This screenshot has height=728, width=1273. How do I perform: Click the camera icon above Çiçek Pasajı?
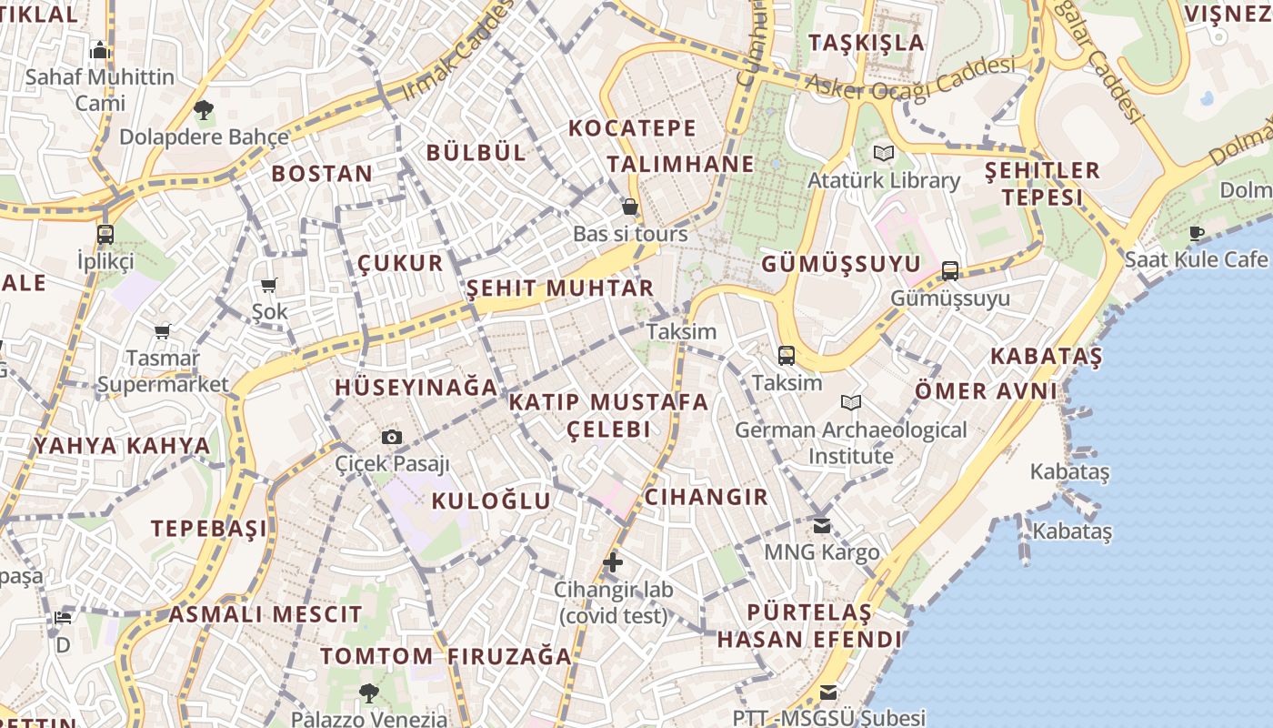[392, 437]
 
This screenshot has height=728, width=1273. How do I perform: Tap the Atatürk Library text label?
[884, 180]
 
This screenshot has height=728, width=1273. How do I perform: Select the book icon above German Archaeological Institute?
[851, 402]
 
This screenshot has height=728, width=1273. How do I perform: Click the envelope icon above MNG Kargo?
[822, 525]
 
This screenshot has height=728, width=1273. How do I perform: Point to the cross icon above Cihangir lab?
[613, 562]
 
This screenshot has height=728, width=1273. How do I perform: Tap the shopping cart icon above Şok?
[269, 286]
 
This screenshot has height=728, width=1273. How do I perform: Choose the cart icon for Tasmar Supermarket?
[163, 332]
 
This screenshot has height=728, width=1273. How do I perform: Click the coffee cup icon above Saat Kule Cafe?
[1197, 233]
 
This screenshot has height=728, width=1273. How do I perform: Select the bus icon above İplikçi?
[105, 234]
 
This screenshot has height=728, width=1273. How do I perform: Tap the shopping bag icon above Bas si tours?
[629, 207]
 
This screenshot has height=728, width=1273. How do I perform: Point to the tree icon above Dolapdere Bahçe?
[204, 111]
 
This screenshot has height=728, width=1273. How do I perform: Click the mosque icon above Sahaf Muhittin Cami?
[100, 50]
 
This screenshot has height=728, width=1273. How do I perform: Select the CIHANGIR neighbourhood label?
[706, 497]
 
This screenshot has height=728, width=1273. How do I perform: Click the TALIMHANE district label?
[680, 164]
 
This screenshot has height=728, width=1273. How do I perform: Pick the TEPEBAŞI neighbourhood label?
[209, 529]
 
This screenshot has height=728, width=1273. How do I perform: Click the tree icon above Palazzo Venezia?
[368, 693]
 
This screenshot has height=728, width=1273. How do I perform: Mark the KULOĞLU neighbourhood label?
[491, 500]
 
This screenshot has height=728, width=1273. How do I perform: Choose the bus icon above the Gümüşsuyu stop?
[950, 270]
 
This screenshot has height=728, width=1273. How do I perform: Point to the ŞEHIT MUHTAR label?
[559, 288]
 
